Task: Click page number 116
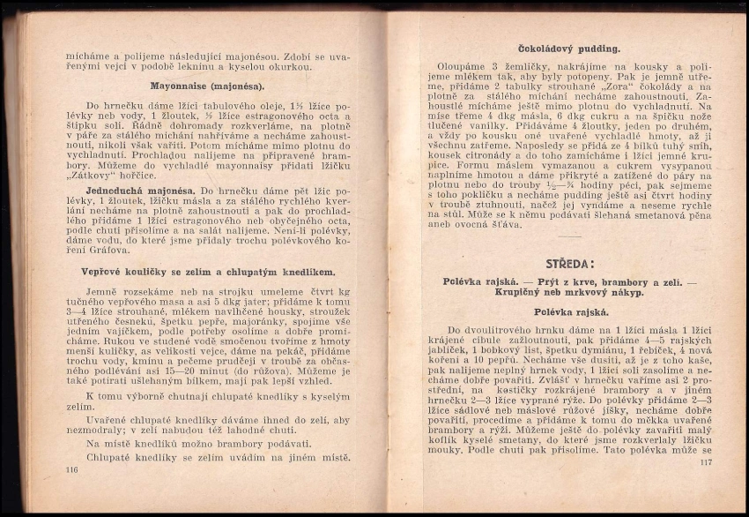click(x=72, y=470)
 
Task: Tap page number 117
click(x=705, y=462)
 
